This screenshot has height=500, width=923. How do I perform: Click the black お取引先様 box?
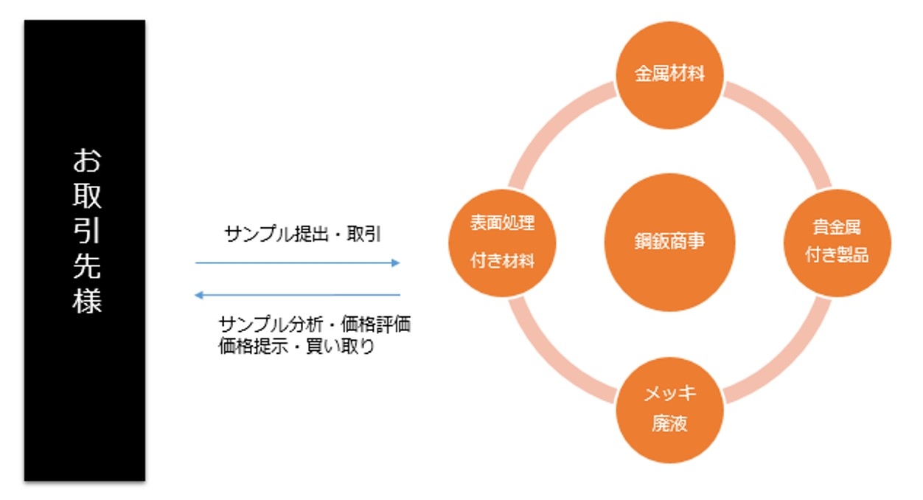coord(85,251)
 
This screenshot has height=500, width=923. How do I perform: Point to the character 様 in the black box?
coord(87,300)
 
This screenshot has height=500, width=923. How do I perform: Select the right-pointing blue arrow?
coord(297,263)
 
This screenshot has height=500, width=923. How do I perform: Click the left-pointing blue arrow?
coord(297,296)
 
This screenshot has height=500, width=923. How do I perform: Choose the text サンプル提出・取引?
coord(302,234)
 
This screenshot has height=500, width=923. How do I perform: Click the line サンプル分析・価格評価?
coord(315,324)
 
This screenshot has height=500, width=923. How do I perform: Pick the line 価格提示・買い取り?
coord(296,347)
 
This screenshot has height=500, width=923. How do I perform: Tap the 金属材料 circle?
coord(669,74)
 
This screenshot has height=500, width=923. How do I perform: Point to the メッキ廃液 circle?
coord(669,410)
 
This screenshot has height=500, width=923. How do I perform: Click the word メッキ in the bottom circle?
coord(669,393)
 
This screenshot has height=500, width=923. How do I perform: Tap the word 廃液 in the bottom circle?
coord(669,424)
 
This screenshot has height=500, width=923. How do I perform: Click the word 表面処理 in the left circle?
coord(502,224)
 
